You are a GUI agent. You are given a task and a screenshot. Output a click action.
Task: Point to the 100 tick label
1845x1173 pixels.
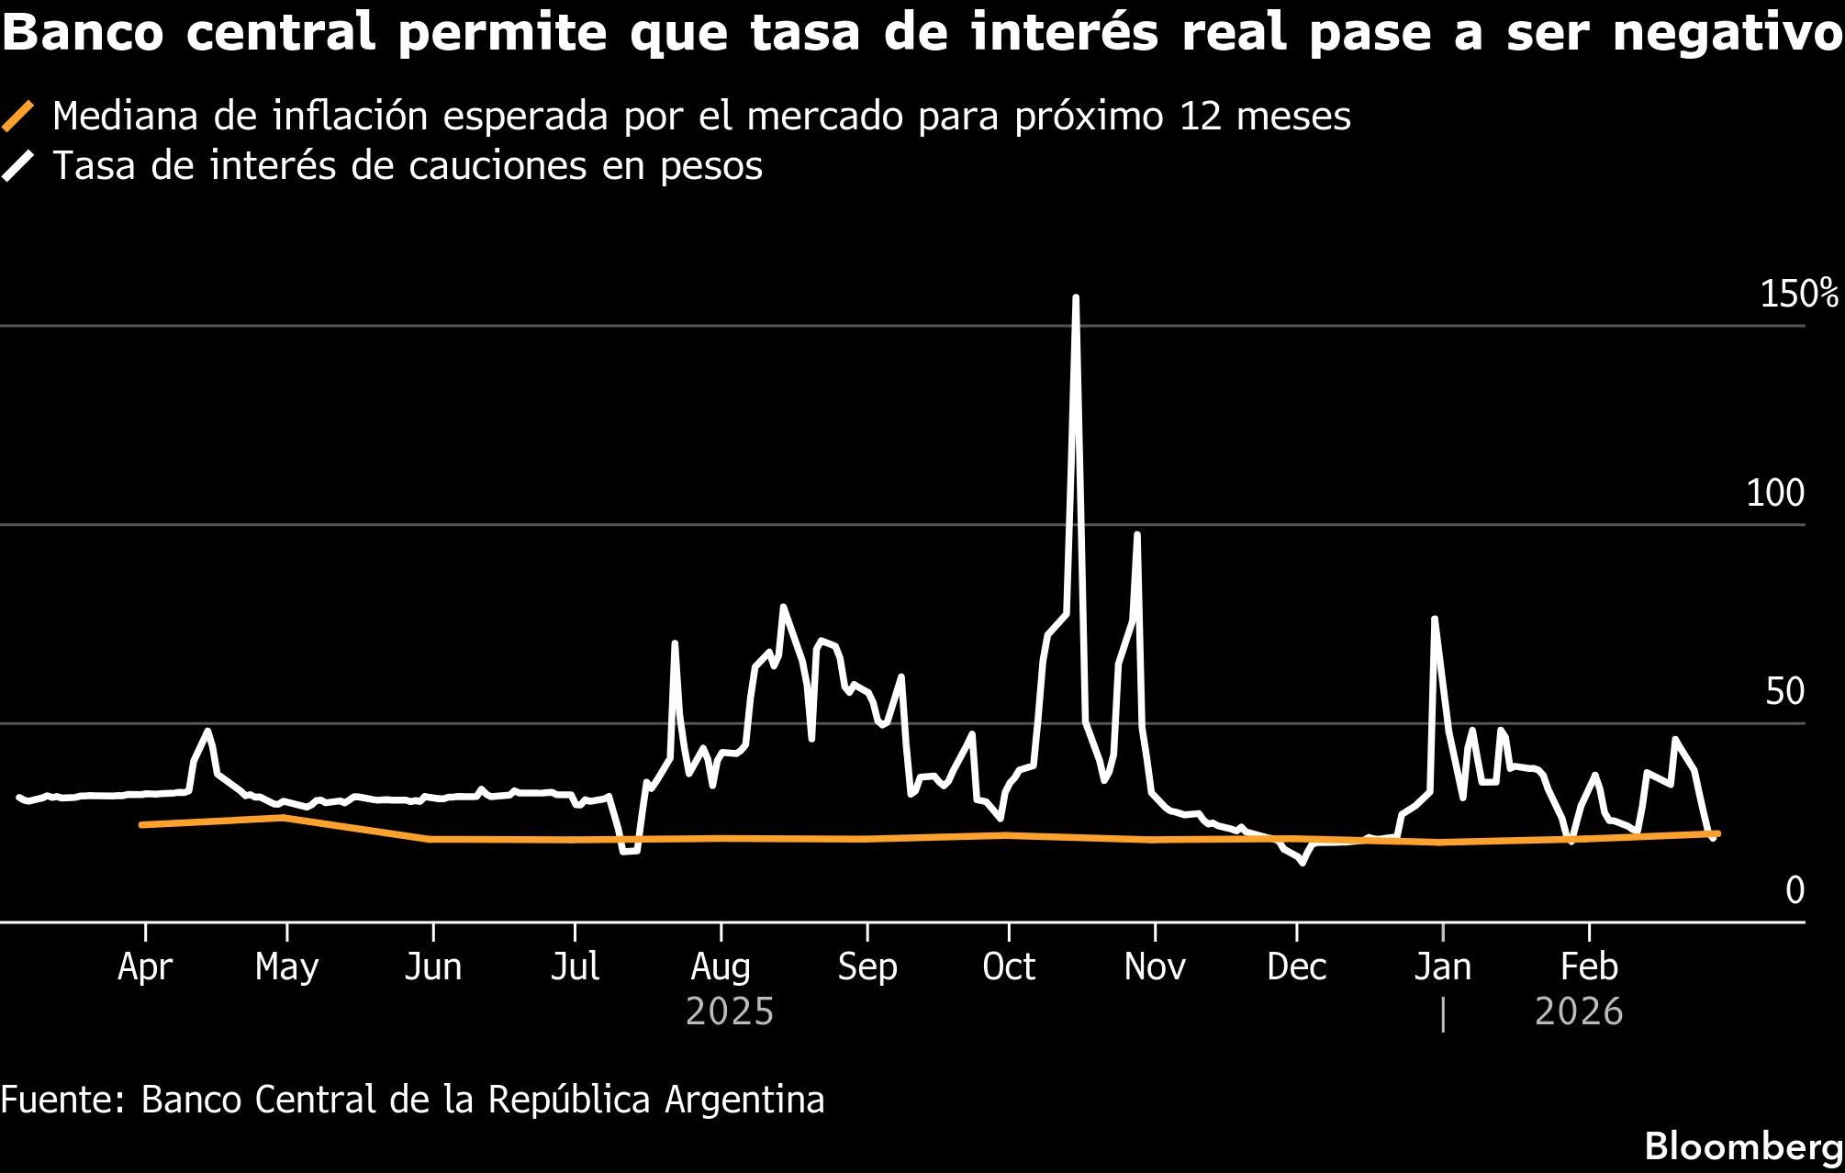1774,494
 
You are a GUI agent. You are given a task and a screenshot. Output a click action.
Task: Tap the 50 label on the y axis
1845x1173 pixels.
1784,692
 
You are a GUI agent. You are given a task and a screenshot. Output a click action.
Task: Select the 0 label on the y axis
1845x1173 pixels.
1795,890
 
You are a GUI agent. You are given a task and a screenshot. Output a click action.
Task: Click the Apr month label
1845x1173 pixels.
145,966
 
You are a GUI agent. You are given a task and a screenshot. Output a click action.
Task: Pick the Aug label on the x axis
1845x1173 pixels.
721,966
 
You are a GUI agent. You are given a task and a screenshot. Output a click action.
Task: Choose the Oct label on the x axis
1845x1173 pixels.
1008,966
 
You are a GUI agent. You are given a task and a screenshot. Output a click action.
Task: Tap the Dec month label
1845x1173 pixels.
1296,966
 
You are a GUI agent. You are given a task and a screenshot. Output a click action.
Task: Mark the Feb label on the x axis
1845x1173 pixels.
1589,966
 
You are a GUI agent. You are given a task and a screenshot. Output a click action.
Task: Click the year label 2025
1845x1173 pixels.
730,1012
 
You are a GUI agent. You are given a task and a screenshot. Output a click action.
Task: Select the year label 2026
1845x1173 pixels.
1579,1012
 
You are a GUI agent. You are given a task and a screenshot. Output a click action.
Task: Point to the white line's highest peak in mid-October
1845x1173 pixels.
1075,297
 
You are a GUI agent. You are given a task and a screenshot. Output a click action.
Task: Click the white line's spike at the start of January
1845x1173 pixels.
1434,619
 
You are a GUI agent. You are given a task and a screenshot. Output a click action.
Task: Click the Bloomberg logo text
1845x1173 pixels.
1744,1147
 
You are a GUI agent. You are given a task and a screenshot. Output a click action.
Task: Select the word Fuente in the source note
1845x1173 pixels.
59,1100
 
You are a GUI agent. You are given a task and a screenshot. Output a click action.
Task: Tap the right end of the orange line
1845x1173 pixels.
1716,833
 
